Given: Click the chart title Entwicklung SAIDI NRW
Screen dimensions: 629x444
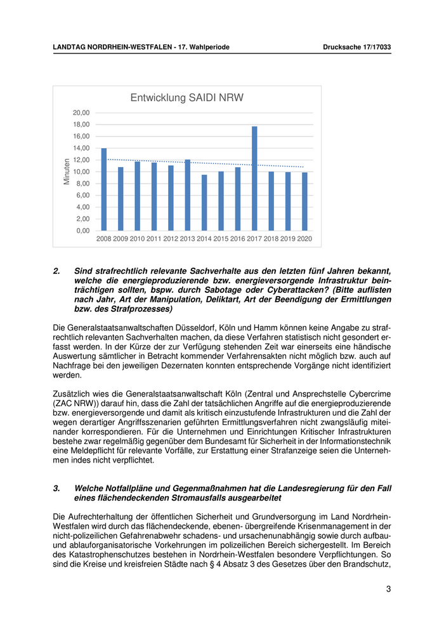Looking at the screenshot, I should pyautogui.click(x=187, y=98).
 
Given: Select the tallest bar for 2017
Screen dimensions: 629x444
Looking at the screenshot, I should pyautogui.click(x=254, y=178).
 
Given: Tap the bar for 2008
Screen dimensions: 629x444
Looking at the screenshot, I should pyautogui.click(x=104, y=189).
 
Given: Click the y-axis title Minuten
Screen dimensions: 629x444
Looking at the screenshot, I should pyautogui.click(x=66, y=172).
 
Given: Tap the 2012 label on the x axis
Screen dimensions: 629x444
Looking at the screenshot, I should pyautogui.click(x=171, y=239).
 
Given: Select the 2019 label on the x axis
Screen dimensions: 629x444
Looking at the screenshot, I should pyautogui.click(x=287, y=239).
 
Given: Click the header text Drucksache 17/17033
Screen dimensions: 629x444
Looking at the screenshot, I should pyautogui.click(x=356, y=47).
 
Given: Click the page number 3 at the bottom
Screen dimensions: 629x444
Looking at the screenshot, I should pyautogui.click(x=388, y=589).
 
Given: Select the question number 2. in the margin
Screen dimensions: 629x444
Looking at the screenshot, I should pyautogui.click(x=56, y=271).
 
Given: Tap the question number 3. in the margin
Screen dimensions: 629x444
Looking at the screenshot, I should pyautogui.click(x=56, y=488).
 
